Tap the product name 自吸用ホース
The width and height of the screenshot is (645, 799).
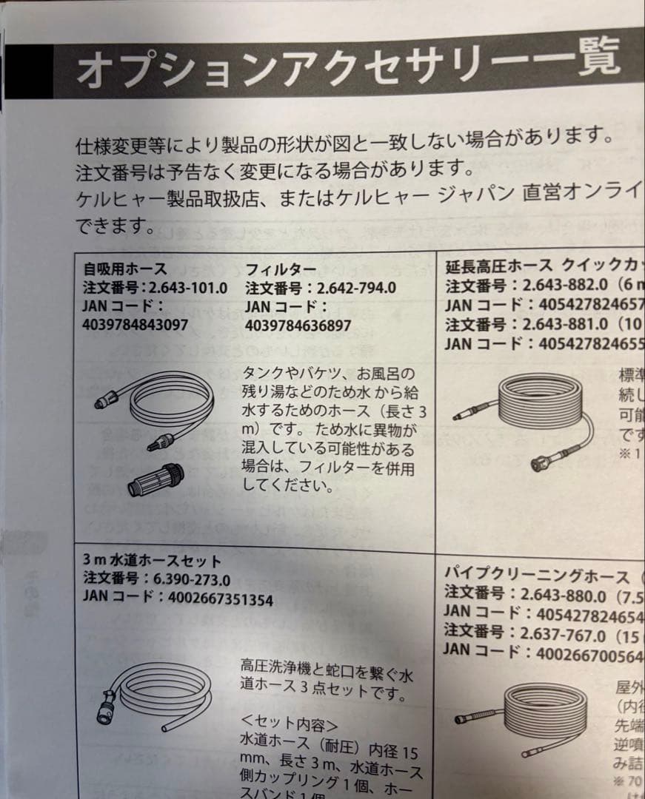coord(125,269)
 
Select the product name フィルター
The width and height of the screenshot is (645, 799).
coord(281,269)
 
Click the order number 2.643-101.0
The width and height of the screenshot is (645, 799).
coord(188,287)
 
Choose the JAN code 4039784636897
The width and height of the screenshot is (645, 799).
coord(298,324)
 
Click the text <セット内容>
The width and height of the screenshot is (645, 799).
coord(290,722)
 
